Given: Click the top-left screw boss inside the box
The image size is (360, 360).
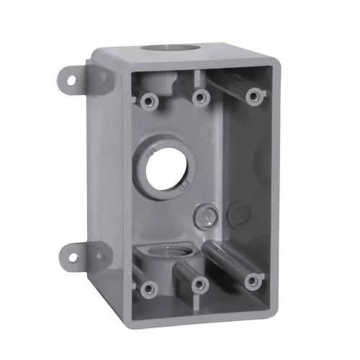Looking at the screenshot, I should (149, 98).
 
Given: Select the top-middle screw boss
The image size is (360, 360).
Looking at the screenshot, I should (199, 94).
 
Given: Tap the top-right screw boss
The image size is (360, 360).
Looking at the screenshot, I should (251, 95).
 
